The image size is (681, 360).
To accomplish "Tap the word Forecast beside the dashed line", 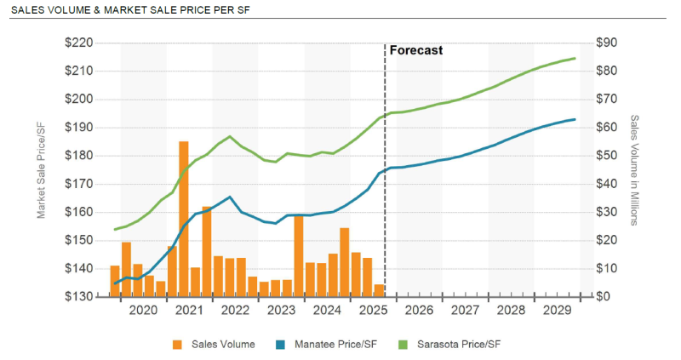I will tap(416, 50).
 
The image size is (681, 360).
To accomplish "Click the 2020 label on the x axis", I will tap(143, 312).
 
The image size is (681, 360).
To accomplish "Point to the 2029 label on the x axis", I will tap(557, 312).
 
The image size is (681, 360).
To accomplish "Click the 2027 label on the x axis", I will tap(465, 312).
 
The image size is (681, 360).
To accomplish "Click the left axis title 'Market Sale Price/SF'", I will tap(42, 169).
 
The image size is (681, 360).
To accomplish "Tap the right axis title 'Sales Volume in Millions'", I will tap(634, 169).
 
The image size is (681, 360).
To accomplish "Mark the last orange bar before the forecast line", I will tap(379, 290).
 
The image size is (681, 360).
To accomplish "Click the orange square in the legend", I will tap(178, 345).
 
